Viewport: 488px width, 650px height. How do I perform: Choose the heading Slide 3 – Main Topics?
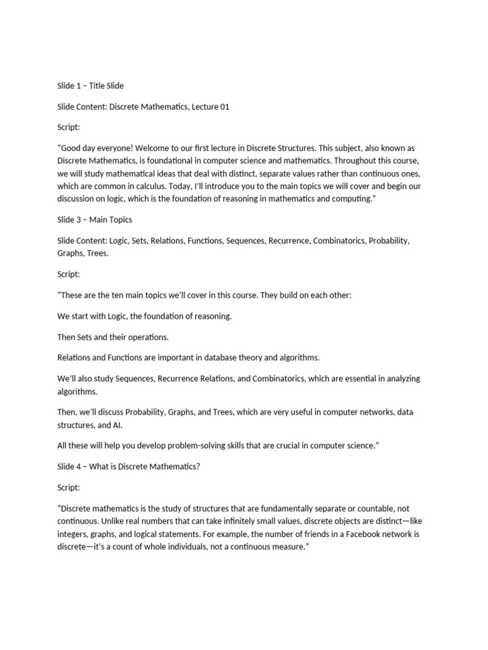point(94,219)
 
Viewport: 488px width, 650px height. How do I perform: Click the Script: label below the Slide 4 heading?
point(69,487)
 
